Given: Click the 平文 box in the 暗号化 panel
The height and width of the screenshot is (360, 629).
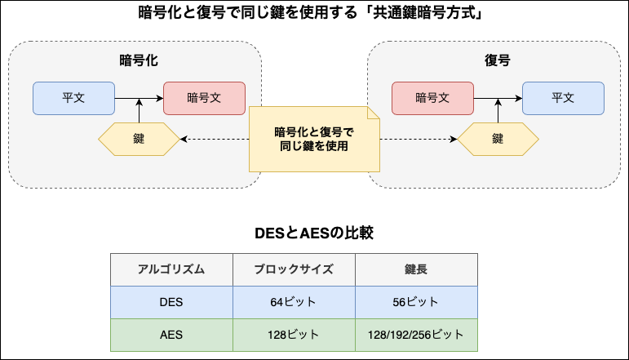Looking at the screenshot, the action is [73, 98].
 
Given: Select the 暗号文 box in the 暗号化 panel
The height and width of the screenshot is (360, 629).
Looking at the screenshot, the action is [204, 98].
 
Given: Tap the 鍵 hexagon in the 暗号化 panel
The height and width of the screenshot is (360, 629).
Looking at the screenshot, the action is [139, 140].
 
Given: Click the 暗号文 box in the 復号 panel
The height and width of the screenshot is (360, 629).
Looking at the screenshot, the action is [433, 98].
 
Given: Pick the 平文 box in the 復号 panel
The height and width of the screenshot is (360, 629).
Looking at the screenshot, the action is [563, 98].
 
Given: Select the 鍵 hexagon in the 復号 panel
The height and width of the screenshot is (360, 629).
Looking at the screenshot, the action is [498, 140].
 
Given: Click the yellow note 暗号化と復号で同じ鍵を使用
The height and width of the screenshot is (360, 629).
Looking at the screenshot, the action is [314, 140].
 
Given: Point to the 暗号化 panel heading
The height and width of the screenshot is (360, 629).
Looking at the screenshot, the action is [139, 60].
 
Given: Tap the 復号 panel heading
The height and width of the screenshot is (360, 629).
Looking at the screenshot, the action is [498, 60].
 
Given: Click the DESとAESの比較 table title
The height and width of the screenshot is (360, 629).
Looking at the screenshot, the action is [314, 233].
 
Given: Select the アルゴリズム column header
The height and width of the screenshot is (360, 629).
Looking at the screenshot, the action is [171, 269].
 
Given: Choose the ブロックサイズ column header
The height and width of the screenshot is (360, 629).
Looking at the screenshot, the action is [294, 269].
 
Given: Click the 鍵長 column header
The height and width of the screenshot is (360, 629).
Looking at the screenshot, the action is [416, 269].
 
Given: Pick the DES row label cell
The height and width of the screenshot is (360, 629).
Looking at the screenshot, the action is [171, 302].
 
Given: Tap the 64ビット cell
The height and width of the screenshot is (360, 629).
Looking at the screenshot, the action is [294, 302].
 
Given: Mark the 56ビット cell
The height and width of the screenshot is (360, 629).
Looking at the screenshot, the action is [416, 302].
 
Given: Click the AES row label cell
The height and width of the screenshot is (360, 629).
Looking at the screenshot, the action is [171, 335].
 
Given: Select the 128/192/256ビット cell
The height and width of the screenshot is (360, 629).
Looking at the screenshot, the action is [416, 335].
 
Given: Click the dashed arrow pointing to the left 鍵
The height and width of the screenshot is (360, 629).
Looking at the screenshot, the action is [215, 140].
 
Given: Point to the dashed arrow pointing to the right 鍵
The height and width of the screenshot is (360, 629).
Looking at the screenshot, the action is [419, 140].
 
